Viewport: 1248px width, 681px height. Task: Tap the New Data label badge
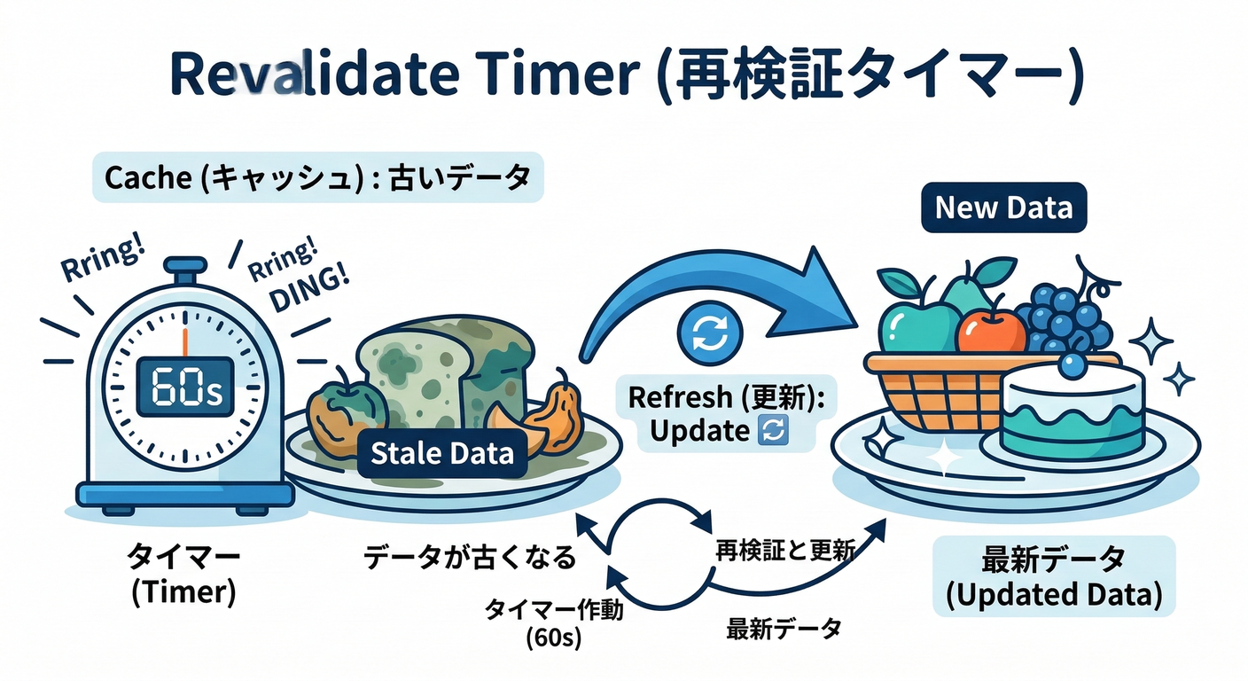click(x=1003, y=208)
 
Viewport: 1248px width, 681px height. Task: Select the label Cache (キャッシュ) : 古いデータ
click(x=317, y=178)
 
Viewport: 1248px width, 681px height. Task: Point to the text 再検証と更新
click(x=785, y=552)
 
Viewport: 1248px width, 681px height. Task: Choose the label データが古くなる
click(x=470, y=558)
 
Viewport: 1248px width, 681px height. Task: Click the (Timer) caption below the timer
click(x=183, y=591)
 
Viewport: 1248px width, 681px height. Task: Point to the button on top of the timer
click(x=185, y=267)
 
